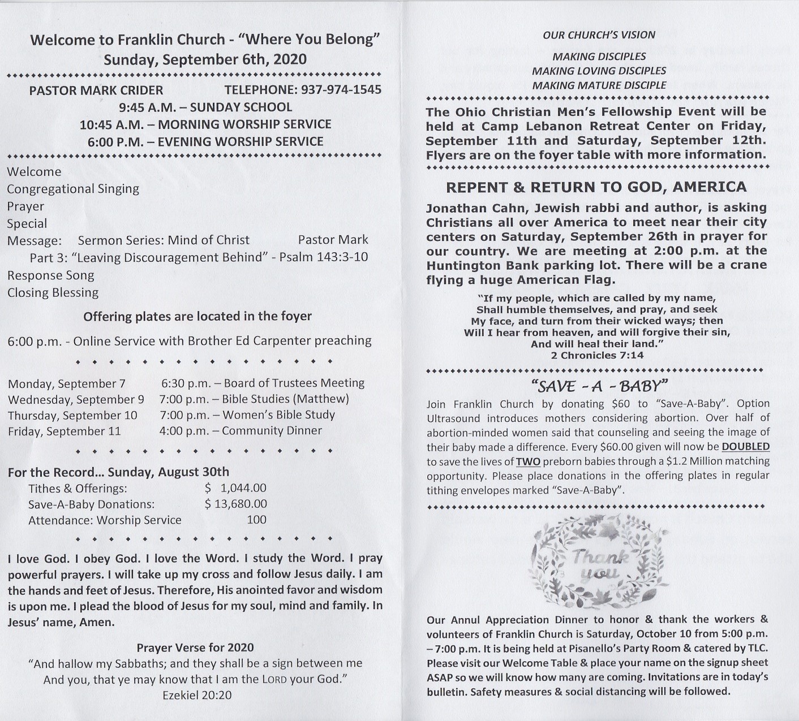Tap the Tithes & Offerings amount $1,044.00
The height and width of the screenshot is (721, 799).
click(x=235, y=488)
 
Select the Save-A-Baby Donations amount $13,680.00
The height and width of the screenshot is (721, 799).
click(x=235, y=504)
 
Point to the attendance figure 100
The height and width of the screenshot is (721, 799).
click(x=256, y=520)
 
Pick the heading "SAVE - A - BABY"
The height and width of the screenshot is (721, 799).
click(x=600, y=386)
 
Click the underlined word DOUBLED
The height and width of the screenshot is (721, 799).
click(x=745, y=447)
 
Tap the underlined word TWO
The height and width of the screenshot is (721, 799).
click(x=527, y=461)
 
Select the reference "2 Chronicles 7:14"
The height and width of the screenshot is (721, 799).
click(x=597, y=355)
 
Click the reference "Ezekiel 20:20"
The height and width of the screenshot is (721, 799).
click(x=197, y=695)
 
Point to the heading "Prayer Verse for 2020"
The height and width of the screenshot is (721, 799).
click(x=195, y=647)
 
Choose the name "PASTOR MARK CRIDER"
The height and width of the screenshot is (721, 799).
click(x=96, y=90)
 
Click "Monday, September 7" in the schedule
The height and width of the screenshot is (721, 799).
click(x=67, y=384)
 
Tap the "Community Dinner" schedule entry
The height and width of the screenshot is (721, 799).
click(x=272, y=431)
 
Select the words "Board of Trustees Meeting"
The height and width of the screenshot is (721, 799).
click(x=294, y=383)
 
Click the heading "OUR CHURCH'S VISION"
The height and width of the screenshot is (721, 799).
click(x=599, y=35)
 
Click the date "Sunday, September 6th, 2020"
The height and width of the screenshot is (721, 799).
click(x=205, y=60)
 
